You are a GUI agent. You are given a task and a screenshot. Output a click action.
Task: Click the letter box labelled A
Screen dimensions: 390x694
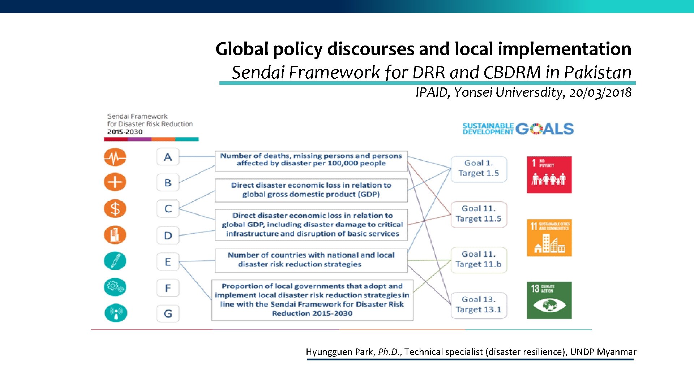pos(168,157)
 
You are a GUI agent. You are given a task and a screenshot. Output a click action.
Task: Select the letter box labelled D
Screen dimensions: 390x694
pos(168,235)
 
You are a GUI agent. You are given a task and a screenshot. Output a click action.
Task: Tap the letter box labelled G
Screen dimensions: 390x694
pos(168,313)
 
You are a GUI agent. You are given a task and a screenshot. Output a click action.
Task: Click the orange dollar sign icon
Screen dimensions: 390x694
pos(115,209)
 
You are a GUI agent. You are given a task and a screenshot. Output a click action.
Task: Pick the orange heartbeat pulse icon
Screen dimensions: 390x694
pos(115,157)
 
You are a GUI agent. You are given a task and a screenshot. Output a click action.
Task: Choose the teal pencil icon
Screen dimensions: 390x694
pos(115,261)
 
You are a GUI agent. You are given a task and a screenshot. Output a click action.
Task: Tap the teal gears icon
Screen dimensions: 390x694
pos(115,287)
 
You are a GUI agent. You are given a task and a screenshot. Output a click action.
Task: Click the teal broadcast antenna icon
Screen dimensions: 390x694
pos(116,313)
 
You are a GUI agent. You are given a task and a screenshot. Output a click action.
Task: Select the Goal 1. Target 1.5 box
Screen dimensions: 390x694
pos(479,168)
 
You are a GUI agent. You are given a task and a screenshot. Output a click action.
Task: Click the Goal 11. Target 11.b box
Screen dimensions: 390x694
pos(479,259)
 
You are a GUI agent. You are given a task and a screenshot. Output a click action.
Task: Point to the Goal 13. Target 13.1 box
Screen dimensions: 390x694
pos(479,305)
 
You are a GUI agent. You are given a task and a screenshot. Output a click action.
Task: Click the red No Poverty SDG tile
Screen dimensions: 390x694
pos(549,175)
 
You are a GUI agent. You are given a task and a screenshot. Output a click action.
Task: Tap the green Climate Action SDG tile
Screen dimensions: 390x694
pos(549,300)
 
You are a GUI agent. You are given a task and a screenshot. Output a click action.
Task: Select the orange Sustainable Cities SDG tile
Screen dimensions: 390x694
pos(549,238)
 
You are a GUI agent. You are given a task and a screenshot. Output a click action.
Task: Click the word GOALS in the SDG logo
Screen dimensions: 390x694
pos(544,129)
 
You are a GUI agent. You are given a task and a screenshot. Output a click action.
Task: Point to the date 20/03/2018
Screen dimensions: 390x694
pos(600,92)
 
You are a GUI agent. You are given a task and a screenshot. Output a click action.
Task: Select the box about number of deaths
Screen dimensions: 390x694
pos(311,160)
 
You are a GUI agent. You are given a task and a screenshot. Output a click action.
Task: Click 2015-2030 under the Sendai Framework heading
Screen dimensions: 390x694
pos(125,132)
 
